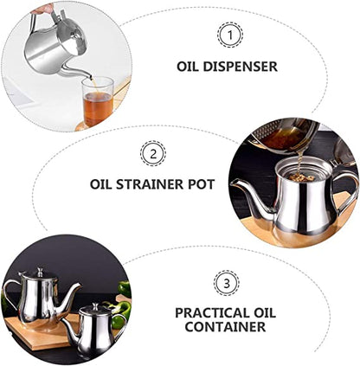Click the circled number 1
tap(229, 35)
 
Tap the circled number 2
tap(153, 154)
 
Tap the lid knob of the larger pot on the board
tap(40, 272)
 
